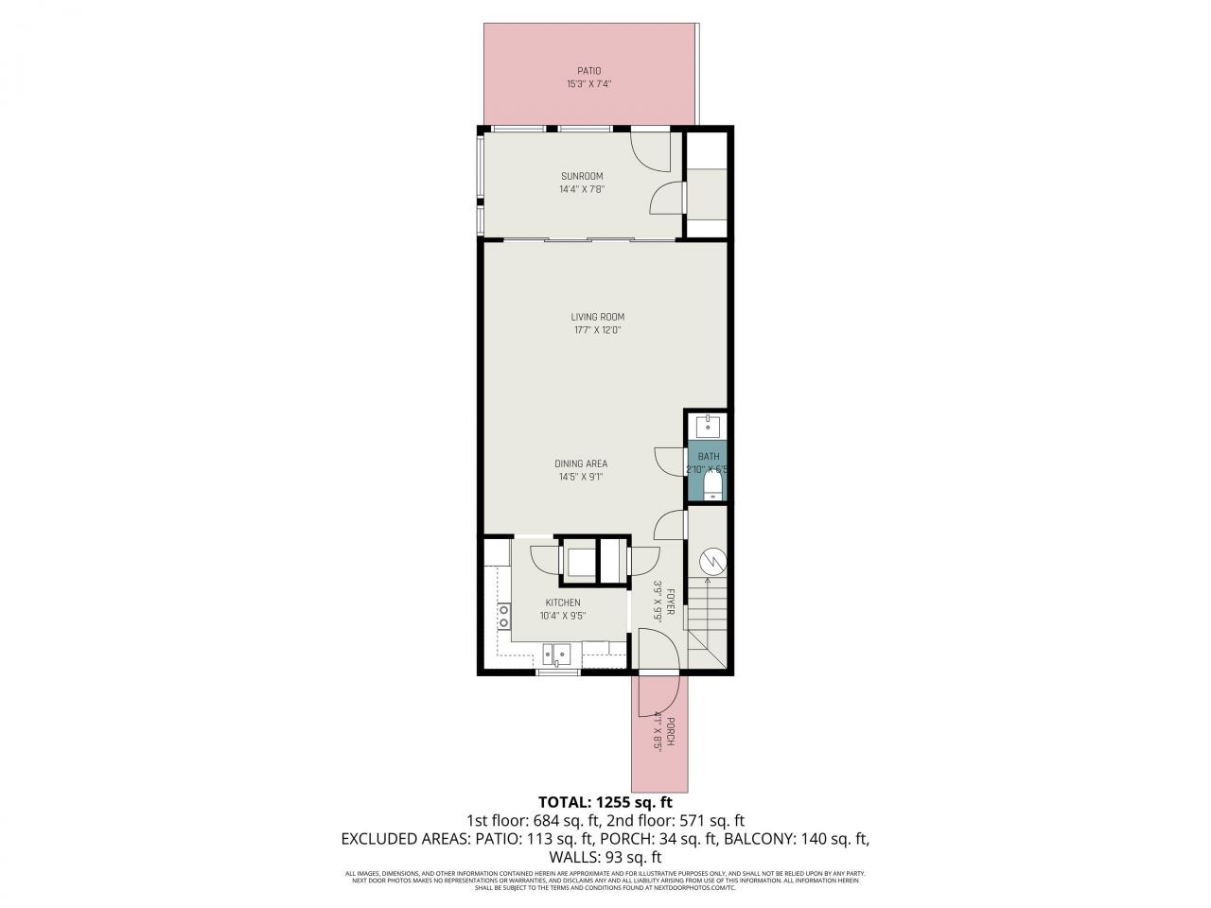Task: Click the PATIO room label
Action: [589, 71]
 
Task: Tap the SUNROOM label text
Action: [581, 176]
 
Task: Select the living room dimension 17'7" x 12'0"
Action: [597, 330]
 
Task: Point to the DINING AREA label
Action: [580, 463]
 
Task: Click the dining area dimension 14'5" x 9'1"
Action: [580, 477]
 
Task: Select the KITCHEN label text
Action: [562, 602]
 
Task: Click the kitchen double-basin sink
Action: [557, 653]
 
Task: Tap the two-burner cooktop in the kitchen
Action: [503, 617]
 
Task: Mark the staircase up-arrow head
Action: [708, 579]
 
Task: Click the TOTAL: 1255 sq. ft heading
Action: [605, 802]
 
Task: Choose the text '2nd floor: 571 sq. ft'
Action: [682, 820]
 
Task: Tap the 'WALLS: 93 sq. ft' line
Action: [605, 856]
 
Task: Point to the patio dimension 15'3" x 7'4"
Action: [589, 84]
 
